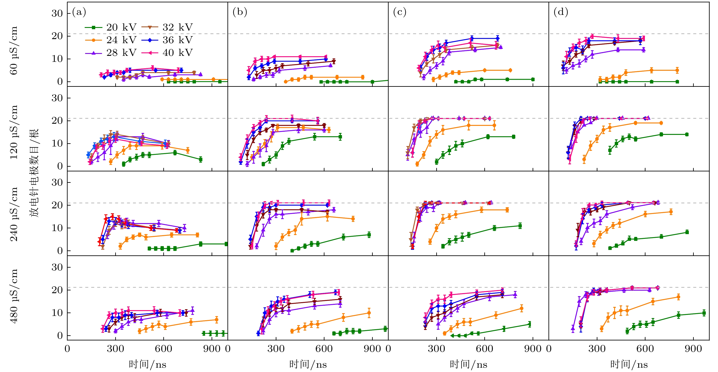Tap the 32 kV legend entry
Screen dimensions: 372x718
click(x=167, y=27)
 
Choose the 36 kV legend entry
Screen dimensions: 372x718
click(x=167, y=40)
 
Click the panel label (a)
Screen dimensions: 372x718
click(x=79, y=12)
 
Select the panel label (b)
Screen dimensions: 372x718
click(x=240, y=12)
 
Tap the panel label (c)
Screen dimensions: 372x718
click(x=400, y=12)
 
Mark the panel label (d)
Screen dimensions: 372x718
click(x=560, y=12)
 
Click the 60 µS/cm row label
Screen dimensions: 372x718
click(x=14, y=50)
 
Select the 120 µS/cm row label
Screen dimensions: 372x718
click(x=14, y=132)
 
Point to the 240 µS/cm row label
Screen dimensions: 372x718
click(x=14, y=214)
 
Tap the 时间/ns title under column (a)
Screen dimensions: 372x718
click(x=147, y=364)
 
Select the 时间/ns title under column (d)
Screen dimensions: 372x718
click(x=629, y=364)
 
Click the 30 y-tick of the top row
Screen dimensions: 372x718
click(x=57, y=13)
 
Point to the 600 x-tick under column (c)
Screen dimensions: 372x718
click(x=485, y=349)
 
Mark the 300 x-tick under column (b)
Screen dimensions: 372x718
click(x=276, y=349)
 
